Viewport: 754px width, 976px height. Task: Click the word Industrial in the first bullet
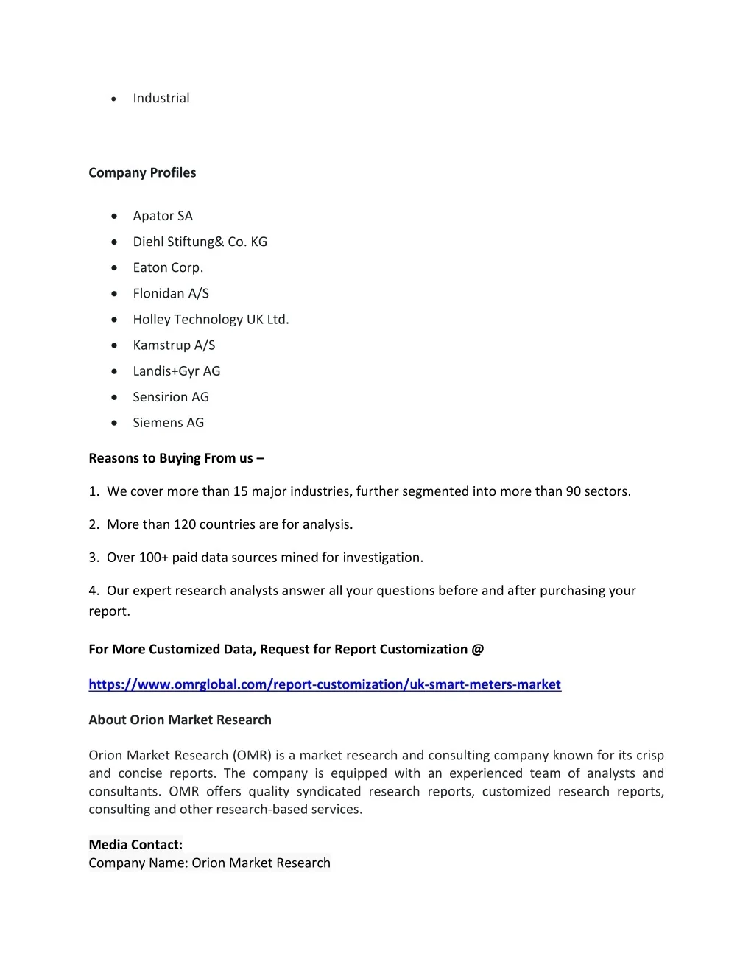pyautogui.click(x=161, y=98)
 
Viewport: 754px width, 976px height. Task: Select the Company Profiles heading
pyautogui.click(x=142, y=172)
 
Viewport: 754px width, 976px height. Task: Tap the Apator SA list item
pyautogui.click(x=163, y=216)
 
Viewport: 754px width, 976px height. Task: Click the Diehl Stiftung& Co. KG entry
pyautogui.click(x=200, y=242)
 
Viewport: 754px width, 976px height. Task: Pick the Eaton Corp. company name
pyautogui.click(x=168, y=267)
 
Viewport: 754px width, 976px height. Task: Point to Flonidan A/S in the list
pyautogui.click(x=171, y=293)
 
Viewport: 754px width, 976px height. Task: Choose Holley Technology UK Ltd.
pyautogui.click(x=211, y=319)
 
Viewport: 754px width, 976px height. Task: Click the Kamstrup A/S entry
pyautogui.click(x=174, y=345)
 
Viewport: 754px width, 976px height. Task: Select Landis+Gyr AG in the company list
pyautogui.click(x=176, y=371)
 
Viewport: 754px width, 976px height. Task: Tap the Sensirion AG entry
pyautogui.click(x=171, y=396)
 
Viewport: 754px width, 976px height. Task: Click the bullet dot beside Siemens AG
pyautogui.click(x=114, y=423)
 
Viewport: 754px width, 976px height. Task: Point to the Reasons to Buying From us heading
pyautogui.click(x=176, y=458)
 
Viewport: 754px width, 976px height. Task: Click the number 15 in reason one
pyautogui.click(x=241, y=491)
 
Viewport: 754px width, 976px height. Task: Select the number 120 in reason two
pyautogui.click(x=185, y=524)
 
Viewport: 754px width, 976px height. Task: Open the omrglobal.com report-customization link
pyautogui.click(x=325, y=684)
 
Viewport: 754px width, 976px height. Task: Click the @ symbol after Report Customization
pyautogui.click(x=478, y=649)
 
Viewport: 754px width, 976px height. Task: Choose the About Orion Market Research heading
pyautogui.click(x=180, y=720)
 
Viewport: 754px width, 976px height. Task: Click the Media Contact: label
pyautogui.click(x=135, y=844)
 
